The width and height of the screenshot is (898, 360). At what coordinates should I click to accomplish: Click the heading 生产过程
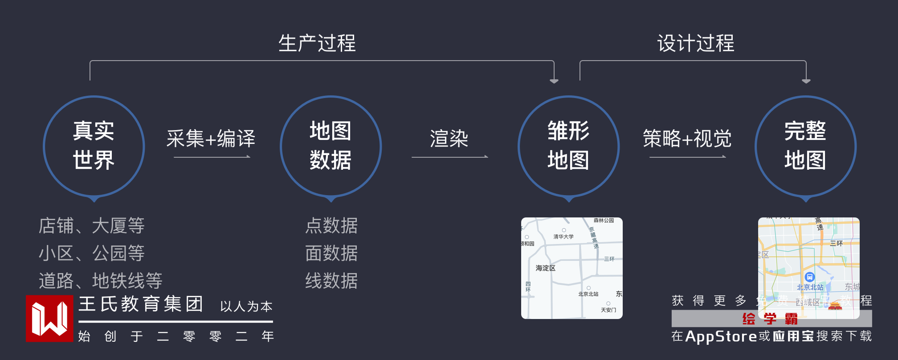pyautogui.click(x=317, y=43)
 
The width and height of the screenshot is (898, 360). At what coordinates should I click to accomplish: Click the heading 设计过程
pyautogui.click(x=695, y=43)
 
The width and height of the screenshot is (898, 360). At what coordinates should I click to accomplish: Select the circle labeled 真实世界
pyautogui.click(x=94, y=146)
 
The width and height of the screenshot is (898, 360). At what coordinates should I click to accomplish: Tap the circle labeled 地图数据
pyautogui.click(x=331, y=146)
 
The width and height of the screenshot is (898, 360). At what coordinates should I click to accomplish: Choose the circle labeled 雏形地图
pyautogui.click(x=568, y=146)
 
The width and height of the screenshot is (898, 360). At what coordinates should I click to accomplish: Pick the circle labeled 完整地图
pyautogui.click(x=805, y=146)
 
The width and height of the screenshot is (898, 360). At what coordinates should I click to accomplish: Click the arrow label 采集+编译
pyautogui.click(x=211, y=139)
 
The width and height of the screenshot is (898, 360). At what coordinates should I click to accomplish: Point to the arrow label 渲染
pyautogui.click(x=449, y=139)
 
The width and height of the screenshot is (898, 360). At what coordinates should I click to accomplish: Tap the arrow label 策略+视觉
pyautogui.click(x=687, y=139)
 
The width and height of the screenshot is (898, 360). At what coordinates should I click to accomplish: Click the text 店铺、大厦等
pyautogui.click(x=92, y=225)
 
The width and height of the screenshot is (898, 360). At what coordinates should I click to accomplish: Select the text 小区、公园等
pyautogui.click(x=92, y=253)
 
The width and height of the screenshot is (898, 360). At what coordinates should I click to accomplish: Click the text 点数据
pyautogui.click(x=331, y=225)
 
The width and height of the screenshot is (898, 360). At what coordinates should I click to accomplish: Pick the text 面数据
pyautogui.click(x=331, y=253)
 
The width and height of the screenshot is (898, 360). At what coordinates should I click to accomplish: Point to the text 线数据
pyautogui.click(x=331, y=281)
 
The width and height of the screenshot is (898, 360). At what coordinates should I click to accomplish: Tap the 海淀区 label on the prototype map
pyautogui.click(x=545, y=268)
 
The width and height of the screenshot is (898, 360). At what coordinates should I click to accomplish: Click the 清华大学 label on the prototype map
pyautogui.click(x=563, y=237)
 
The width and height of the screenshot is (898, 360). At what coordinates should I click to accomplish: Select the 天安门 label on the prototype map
pyautogui.click(x=608, y=310)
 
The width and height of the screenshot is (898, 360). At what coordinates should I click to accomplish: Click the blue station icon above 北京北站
pyautogui.click(x=810, y=277)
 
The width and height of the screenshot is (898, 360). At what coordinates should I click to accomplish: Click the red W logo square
pyautogui.click(x=49, y=318)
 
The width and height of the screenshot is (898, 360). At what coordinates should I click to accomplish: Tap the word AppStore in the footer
pyautogui.click(x=721, y=336)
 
